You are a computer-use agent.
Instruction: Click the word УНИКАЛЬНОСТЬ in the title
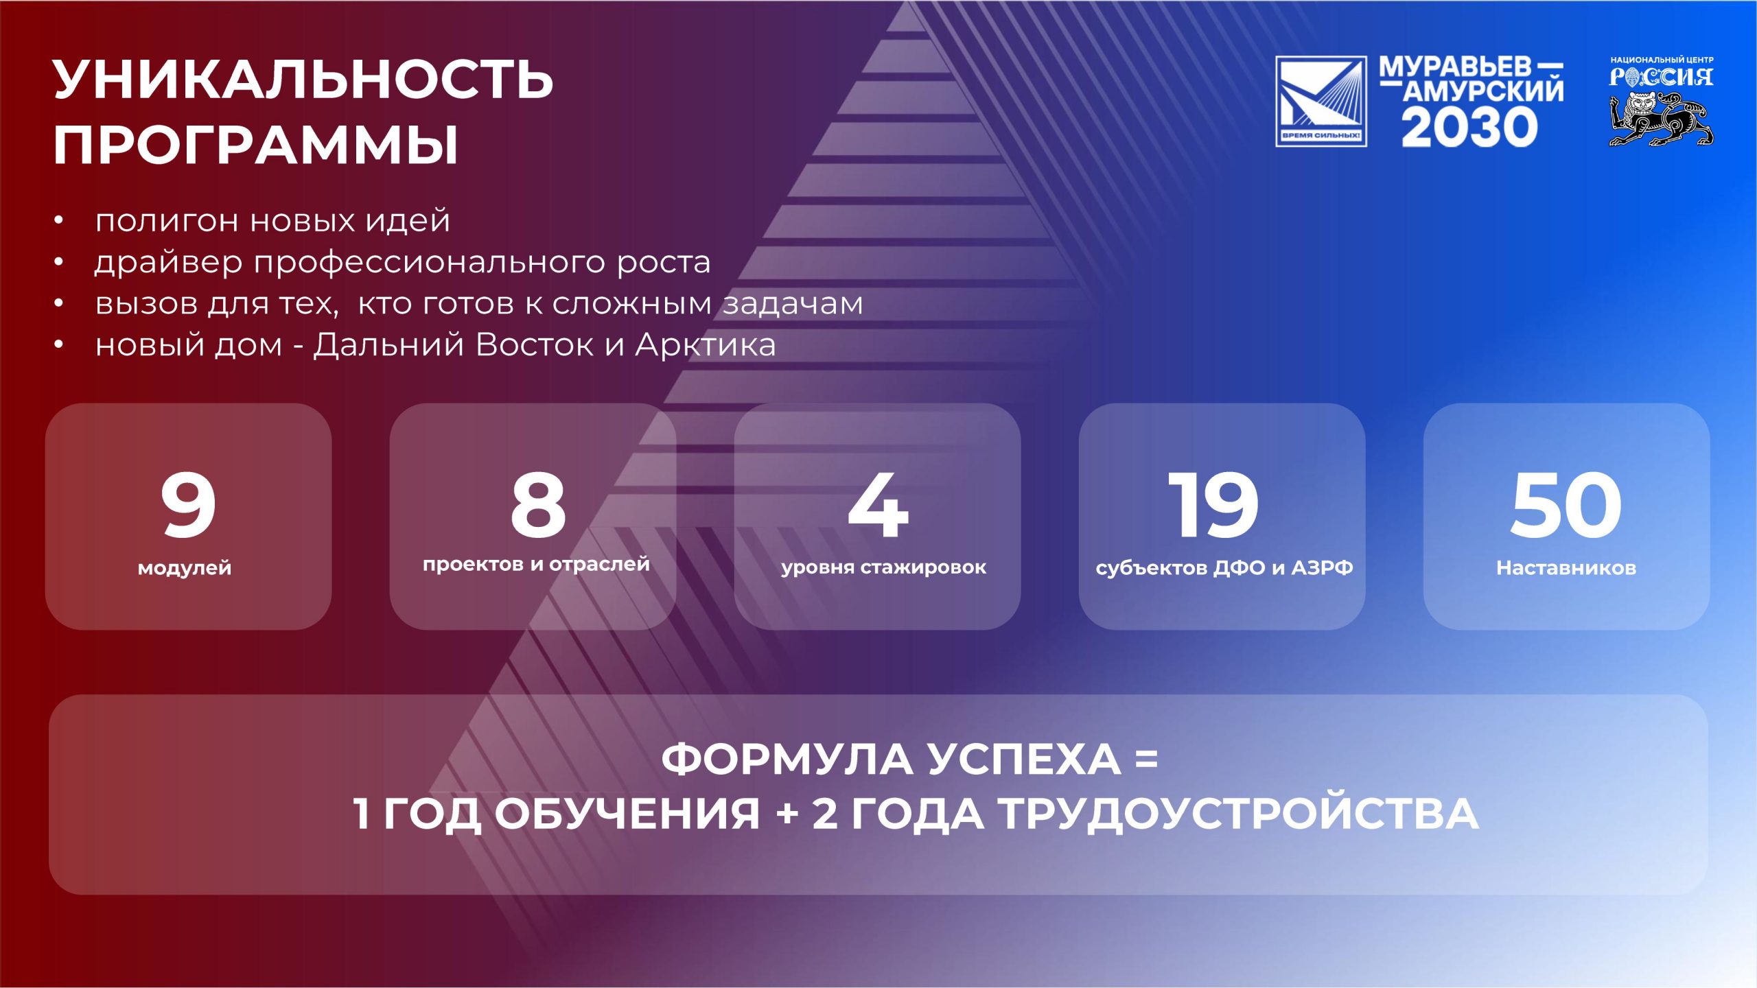tap(303, 80)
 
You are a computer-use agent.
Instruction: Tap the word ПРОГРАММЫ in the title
tap(255, 145)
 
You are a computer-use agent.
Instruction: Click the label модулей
tap(185, 568)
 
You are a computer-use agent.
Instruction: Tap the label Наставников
tap(1566, 567)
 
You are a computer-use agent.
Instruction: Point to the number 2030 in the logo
tap(1469, 128)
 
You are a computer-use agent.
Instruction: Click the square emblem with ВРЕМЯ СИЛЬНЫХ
tap(1321, 101)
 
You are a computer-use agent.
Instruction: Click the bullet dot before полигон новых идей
tap(59, 220)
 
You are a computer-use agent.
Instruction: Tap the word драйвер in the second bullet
tap(169, 262)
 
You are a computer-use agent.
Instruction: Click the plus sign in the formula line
tap(787, 814)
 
